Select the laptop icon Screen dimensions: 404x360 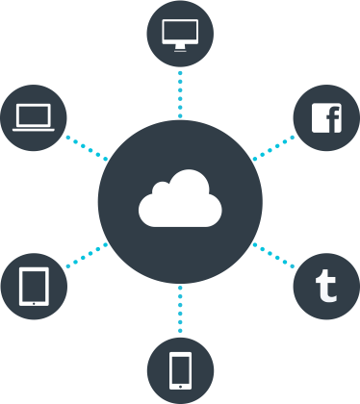[35, 117]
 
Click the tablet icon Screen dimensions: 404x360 [35, 286]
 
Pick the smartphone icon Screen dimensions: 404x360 [180, 369]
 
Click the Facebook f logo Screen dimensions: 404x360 [329, 117]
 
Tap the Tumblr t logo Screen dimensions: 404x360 [326, 286]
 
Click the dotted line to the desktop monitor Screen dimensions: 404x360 [180, 91]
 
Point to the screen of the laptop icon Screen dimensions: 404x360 [35, 114]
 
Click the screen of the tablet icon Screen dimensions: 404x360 [35, 284]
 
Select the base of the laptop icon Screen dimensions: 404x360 [35, 128]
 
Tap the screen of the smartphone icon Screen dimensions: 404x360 [180, 367]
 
